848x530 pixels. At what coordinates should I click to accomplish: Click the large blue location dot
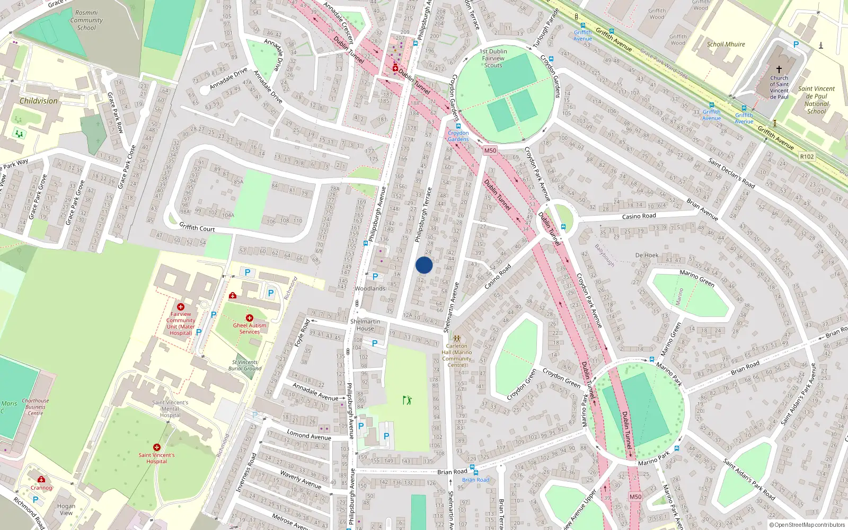[x=424, y=265]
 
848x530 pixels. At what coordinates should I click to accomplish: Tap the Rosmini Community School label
[x=86, y=20]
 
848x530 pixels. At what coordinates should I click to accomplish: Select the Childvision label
[x=39, y=101]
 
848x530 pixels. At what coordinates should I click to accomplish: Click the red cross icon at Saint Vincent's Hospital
[x=157, y=447]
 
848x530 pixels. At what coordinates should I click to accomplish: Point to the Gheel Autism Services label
[x=250, y=329]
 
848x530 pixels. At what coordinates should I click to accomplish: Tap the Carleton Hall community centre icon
[x=456, y=338]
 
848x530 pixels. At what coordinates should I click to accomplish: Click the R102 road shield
[x=807, y=156]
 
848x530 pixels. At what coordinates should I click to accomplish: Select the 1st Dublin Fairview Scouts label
[x=493, y=58]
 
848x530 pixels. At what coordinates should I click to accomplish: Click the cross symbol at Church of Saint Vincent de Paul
[x=779, y=69]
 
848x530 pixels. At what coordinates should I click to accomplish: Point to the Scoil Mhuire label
[x=726, y=45]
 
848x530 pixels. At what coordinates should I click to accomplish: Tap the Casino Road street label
[x=639, y=216]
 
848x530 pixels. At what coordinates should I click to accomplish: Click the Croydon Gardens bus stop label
[x=458, y=136]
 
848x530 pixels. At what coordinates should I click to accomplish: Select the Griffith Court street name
[x=197, y=227]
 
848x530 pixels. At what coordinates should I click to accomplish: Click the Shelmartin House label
[x=365, y=325]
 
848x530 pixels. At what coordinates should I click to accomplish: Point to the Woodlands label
[x=370, y=289]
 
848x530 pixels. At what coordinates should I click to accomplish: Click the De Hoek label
[x=647, y=255]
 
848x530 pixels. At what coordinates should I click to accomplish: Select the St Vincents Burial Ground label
[x=245, y=365]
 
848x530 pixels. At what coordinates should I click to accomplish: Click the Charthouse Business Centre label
[x=36, y=407]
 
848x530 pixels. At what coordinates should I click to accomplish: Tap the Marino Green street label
[x=697, y=278]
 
